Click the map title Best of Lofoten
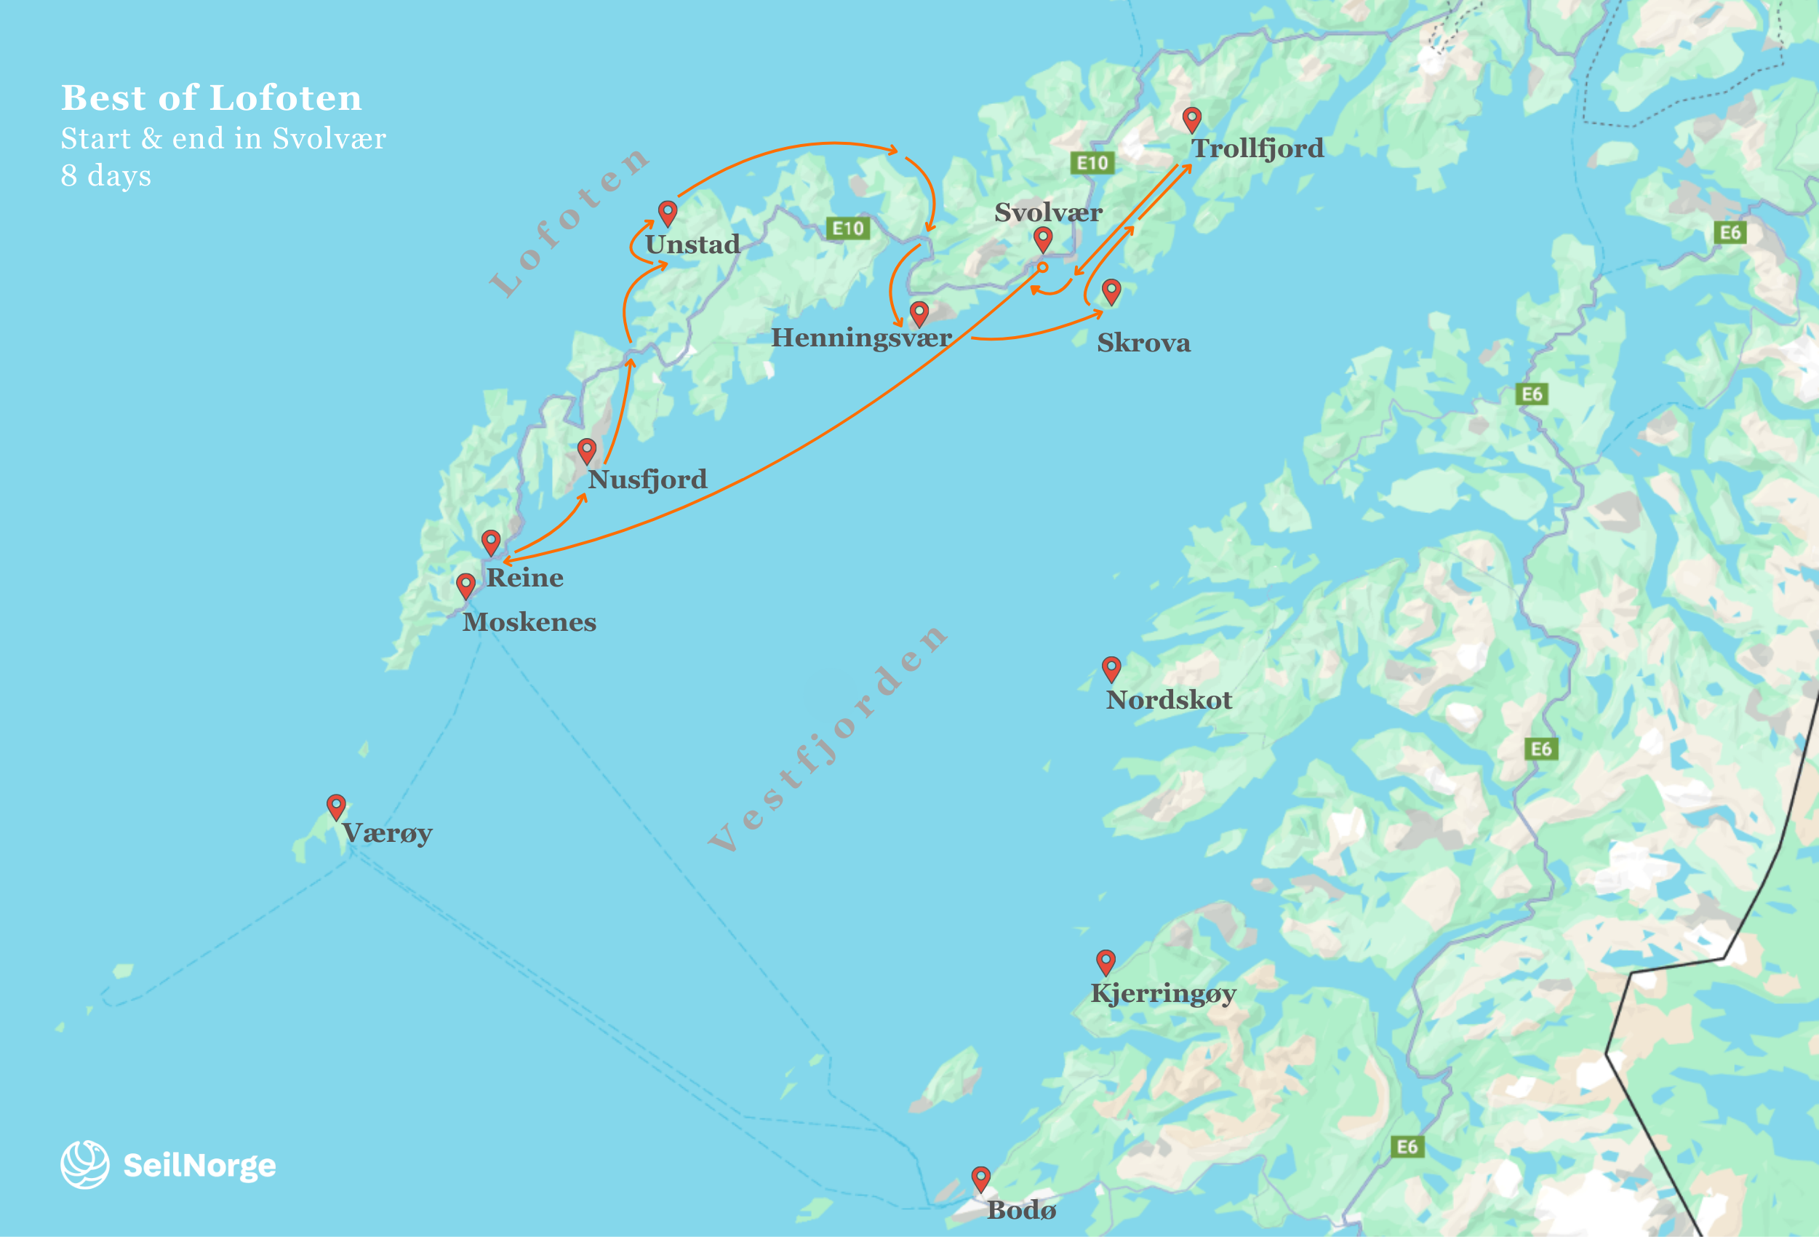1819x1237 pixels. coord(212,99)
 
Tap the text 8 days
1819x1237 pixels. coord(105,175)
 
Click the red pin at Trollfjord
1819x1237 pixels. coord(1191,119)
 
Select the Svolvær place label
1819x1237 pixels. coord(1048,212)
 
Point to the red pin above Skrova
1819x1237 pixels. coord(1111,290)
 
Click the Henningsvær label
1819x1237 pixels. coord(861,338)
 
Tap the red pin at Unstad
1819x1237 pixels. coord(667,212)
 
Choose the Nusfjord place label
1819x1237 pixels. coord(647,479)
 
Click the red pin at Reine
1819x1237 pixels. coord(491,541)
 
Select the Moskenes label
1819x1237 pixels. coord(529,622)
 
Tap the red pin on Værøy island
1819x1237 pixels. coord(336,806)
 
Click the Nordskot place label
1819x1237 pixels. coord(1169,700)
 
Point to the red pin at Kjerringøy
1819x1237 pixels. coord(1106,960)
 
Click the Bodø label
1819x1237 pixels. coord(1021,1210)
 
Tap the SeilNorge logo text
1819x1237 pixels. coord(199,1166)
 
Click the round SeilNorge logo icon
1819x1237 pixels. coord(84,1164)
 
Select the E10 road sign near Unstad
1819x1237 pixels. coord(847,228)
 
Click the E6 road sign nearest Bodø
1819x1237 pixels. coord(1407,1147)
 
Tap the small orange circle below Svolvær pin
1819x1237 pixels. coord(1042,267)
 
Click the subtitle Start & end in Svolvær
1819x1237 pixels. coord(223,138)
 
